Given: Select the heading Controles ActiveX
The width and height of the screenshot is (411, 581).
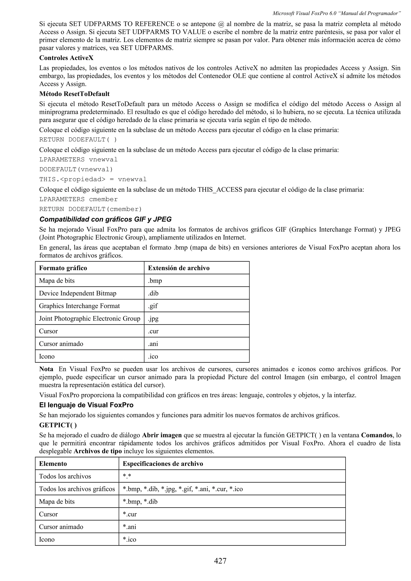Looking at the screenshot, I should (66, 58).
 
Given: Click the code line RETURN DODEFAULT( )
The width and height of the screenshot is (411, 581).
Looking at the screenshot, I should (78, 140).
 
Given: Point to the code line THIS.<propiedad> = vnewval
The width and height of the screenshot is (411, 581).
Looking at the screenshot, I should (93, 179).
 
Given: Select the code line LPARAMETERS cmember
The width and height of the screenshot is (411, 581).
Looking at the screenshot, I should (78, 199).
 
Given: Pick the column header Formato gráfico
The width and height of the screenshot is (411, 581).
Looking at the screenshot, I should (63, 268).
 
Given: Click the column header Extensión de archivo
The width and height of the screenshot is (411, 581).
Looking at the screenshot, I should (179, 268).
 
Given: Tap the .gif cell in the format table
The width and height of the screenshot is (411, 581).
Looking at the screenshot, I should (153, 306).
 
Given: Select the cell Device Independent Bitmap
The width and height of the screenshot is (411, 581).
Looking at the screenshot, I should (77, 293).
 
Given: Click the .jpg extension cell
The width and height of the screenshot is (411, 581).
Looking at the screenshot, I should (153, 319).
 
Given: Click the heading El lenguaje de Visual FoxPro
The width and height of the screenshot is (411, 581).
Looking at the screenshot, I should (86, 405).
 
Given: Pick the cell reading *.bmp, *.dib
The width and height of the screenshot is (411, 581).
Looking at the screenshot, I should (140, 502).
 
